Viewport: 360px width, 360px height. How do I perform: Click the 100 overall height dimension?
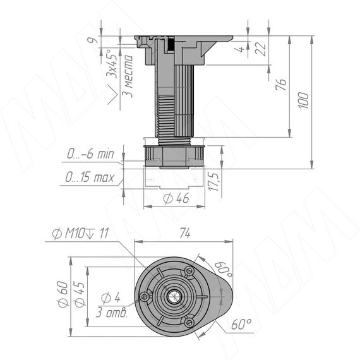tap(303, 100)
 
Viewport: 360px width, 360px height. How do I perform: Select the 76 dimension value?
tap(281, 85)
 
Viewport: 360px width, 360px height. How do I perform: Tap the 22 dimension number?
tap(261, 49)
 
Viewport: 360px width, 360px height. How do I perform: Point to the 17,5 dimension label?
tap(213, 182)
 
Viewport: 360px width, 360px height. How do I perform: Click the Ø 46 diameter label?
tap(176, 198)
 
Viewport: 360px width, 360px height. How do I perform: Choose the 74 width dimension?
tap(185, 233)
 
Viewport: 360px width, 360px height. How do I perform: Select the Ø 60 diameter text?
tap(63, 294)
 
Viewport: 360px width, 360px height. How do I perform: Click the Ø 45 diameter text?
tap(80, 294)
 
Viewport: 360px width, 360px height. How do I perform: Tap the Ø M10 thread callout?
tap(80, 234)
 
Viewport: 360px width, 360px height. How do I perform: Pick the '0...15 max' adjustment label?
tap(89, 177)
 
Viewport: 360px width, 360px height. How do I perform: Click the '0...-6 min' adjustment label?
tap(90, 154)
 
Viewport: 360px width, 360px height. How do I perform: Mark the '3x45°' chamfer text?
tap(112, 63)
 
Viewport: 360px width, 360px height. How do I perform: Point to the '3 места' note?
tap(127, 76)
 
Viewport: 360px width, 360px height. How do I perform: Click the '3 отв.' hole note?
tap(112, 313)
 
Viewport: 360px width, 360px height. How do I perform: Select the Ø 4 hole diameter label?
tap(111, 297)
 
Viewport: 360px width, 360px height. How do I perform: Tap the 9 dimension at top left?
tap(92, 40)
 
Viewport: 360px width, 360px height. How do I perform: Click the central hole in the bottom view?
tap(174, 297)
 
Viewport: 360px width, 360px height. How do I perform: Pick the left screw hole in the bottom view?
tap(144, 297)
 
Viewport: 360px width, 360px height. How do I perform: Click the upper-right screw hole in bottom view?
tap(189, 271)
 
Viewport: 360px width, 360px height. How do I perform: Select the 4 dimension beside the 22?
tap(241, 49)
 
